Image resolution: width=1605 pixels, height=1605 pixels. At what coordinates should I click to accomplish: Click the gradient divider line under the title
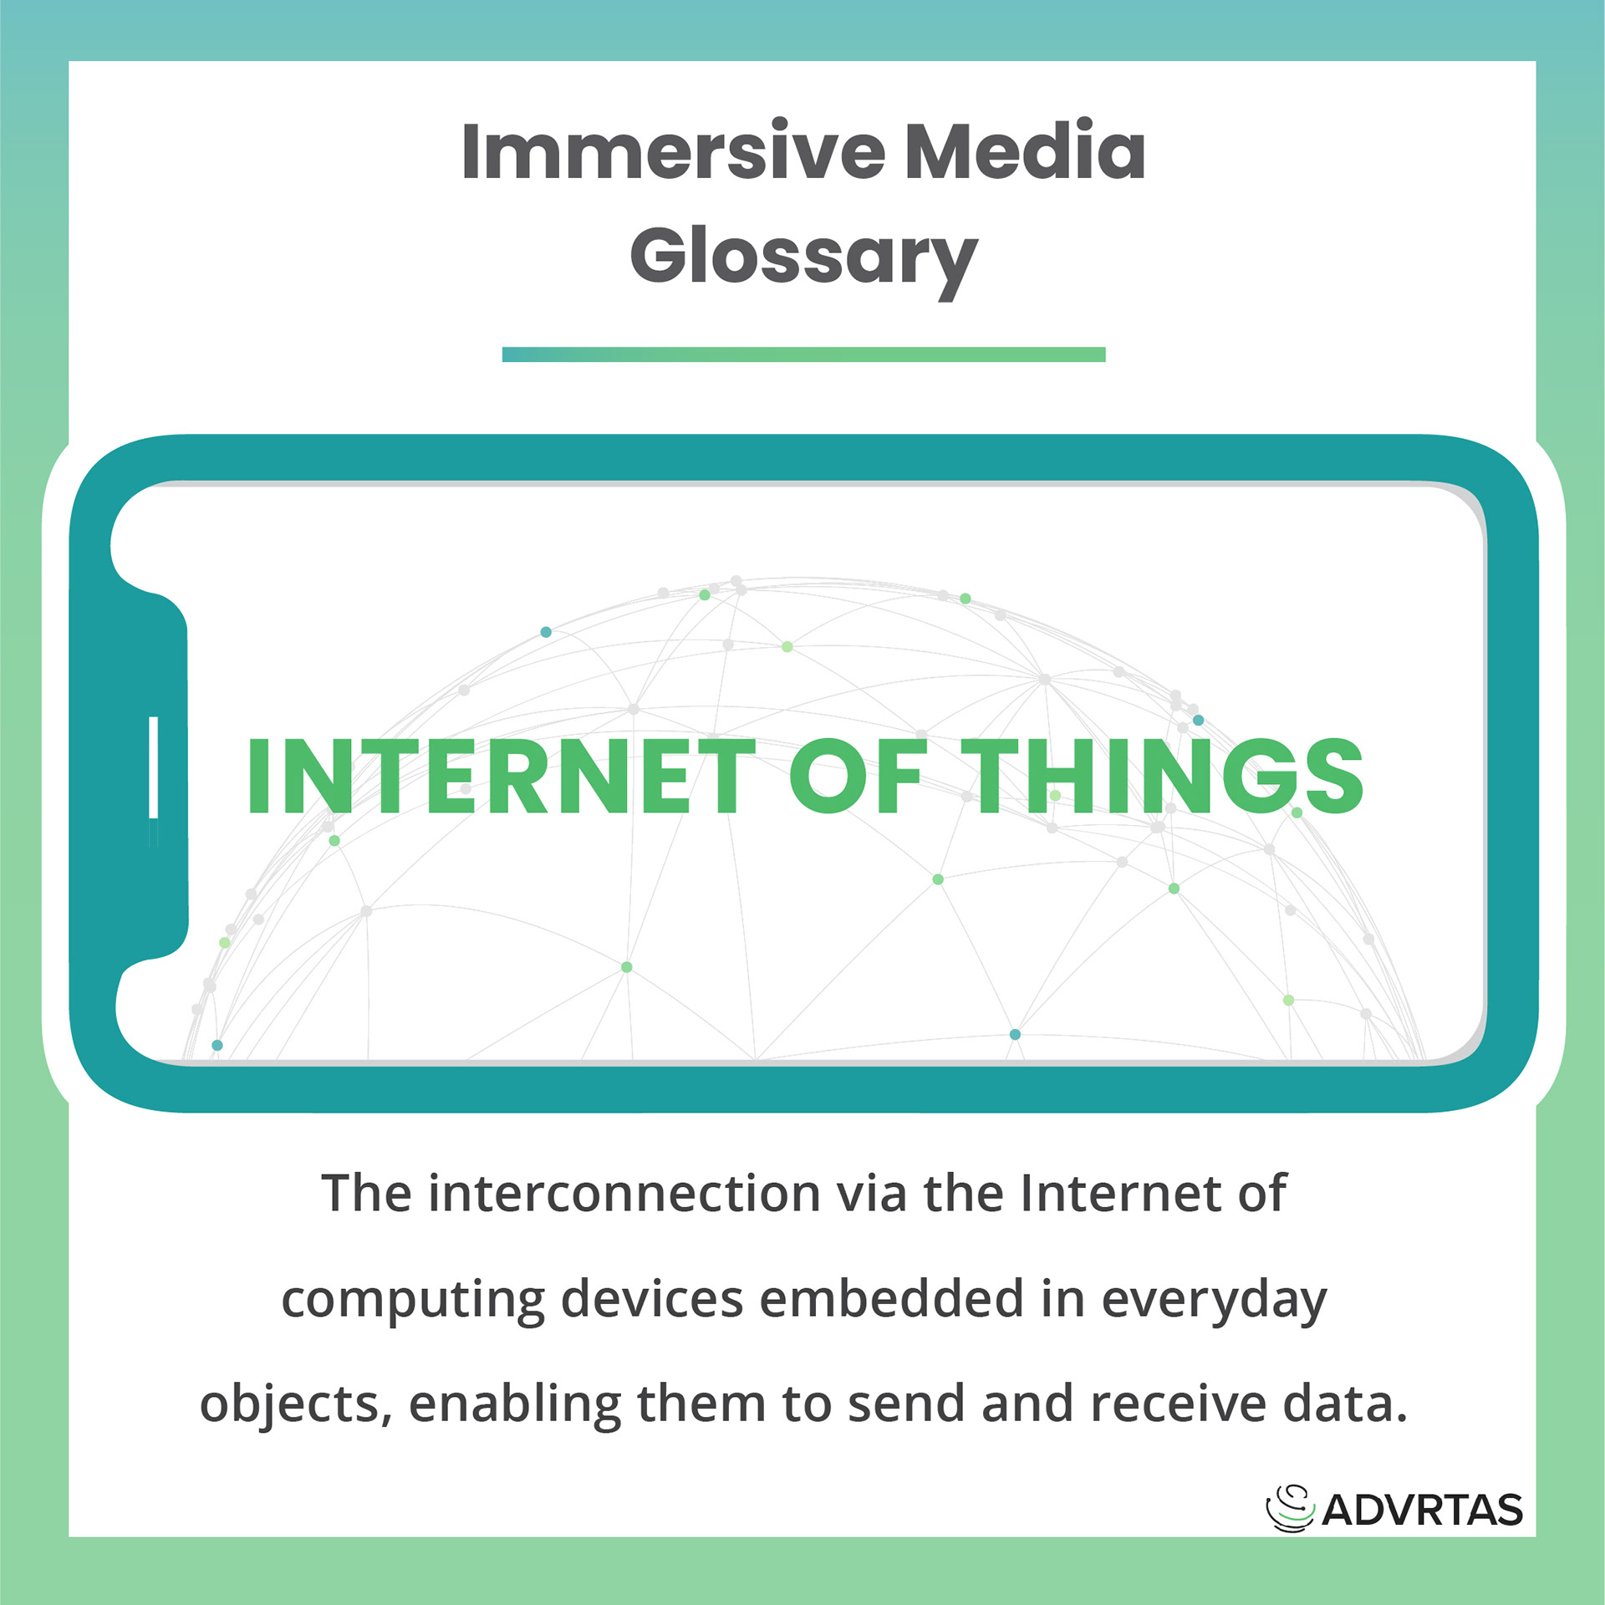click(803, 354)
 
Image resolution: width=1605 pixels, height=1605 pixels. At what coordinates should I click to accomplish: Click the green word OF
click(859, 777)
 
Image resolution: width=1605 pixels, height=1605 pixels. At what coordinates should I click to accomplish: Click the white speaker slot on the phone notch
click(154, 767)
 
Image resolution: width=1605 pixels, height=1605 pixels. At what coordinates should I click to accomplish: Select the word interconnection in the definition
click(624, 1194)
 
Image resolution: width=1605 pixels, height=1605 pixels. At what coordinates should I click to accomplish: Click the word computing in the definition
click(413, 1301)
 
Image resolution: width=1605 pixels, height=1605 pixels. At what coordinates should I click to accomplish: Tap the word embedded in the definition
click(892, 1299)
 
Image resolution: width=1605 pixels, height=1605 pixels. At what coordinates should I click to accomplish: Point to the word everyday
click(1215, 1301)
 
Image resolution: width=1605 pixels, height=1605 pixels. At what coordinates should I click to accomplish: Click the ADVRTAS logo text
click(1423, 1510)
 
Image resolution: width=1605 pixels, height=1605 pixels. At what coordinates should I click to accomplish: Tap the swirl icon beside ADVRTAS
click(1290, 1508)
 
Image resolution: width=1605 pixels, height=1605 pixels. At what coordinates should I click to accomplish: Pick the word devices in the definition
click(652, 1299)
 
